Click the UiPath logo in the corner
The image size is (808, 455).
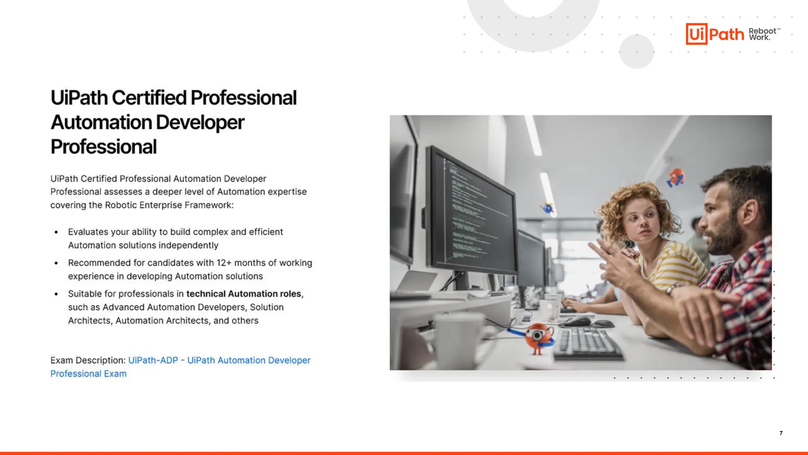click(714, 34)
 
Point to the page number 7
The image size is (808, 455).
click(781, 433)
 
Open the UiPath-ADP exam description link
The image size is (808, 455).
click(219, 361)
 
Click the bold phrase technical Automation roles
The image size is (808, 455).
click(244, 294)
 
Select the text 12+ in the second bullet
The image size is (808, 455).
click(224, 263)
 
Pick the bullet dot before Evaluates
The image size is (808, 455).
click(56, 232)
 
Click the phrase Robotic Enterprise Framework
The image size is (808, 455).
click(169, 205)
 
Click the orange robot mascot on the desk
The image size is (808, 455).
click(538, 337)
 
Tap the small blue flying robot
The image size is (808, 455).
click(548, 208)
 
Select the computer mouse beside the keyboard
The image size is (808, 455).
click(577, 321)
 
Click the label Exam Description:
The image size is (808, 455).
click(88, 361)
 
